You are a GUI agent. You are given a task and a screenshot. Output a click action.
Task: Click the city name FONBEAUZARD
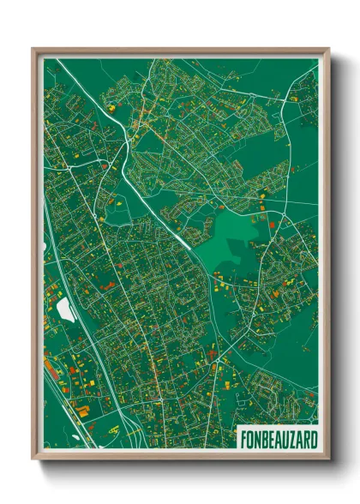point(277,440)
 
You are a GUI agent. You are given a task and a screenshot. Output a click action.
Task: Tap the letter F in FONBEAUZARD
point(242,440)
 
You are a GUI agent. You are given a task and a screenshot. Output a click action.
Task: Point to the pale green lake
point(231,240)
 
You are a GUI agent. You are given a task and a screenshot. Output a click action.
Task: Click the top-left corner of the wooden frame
point(33,49)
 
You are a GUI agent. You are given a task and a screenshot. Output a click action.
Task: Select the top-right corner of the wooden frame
point(328,49)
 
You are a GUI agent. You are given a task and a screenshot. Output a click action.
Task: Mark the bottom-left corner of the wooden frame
point(33,460)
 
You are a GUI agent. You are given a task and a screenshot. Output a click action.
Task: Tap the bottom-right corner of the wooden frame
point(328,460)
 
